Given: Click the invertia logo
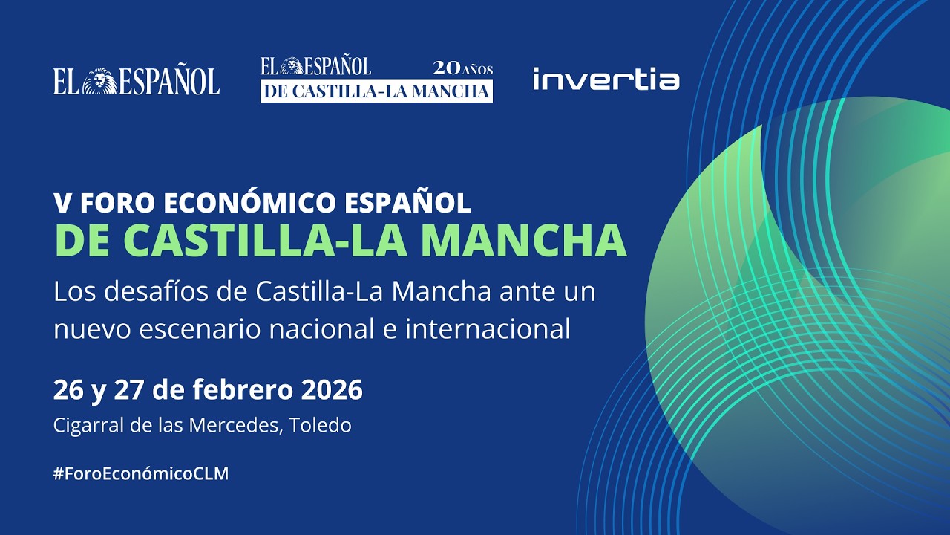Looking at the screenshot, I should tap(606, 80).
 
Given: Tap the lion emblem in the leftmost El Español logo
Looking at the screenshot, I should tap(96, 81).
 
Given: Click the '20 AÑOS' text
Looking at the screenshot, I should tap(463, 68).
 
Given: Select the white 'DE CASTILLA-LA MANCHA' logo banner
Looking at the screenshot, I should tap(376, 91).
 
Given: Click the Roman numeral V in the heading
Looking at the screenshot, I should tap(62, 203).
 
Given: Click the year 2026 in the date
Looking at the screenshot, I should tap(332, 389).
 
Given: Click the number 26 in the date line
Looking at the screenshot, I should tap(67, 389).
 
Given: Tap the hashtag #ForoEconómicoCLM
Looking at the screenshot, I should tap(141, 474).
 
